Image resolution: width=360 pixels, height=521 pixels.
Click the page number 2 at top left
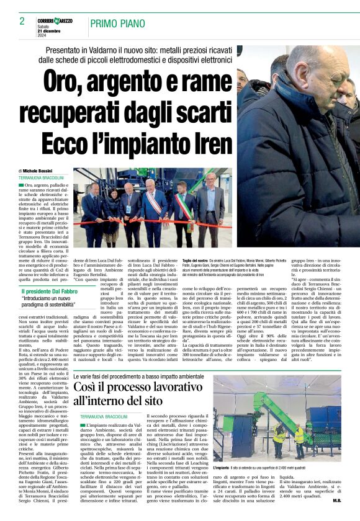pyautogui.click(x=22, y=21)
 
